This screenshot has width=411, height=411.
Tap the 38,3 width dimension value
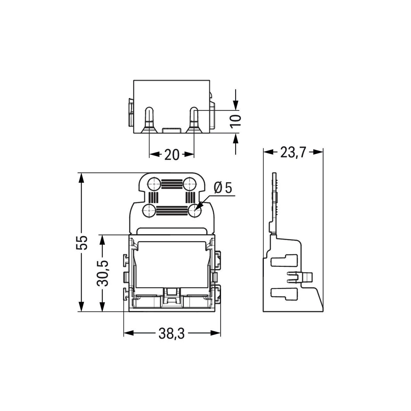pos(172,333)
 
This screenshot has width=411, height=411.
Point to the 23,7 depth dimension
pos(293,152)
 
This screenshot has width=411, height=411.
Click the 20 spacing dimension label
pos(171,154)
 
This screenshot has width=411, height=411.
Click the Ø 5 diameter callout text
pos(223,188)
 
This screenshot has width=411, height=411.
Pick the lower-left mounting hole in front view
pos(149,211)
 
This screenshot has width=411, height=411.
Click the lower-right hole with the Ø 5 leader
pos(194,211)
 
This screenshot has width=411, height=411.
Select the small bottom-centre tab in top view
pos(171,130)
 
